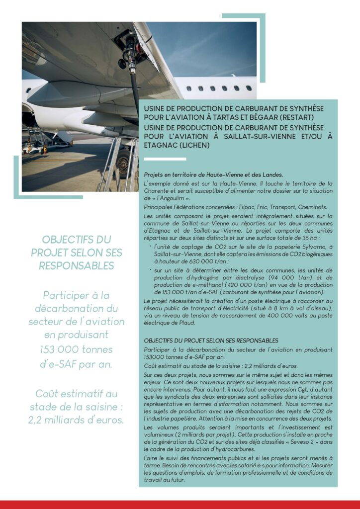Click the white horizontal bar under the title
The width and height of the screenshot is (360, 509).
click(165, 159)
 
